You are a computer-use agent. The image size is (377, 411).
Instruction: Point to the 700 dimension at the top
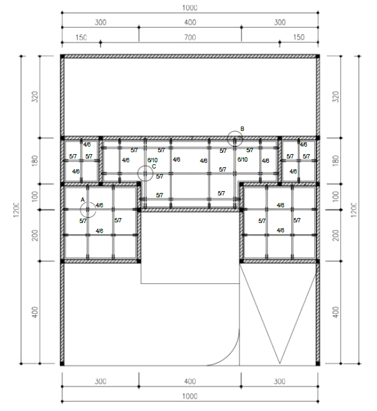(x=190, y=38)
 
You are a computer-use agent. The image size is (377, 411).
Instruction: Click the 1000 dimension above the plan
(x=189, y=8)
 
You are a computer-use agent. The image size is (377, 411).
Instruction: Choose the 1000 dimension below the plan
(x=189, y=396)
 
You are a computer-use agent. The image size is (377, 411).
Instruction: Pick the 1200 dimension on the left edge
(x=16, y=210)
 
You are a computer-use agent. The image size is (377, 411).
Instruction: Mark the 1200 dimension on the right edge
(x=353, y=210)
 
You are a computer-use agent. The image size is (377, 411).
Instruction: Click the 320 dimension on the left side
(x=35, y=96)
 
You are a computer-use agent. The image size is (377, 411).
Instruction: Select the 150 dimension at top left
(x=81, y=38)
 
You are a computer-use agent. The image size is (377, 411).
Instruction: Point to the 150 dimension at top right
(x=299, y=37)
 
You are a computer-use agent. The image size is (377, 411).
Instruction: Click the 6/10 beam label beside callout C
(x=153, y=160)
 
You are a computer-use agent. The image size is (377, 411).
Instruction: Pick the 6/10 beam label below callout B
(x=242, y=159)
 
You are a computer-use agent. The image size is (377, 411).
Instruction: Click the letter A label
(x=83, y=200)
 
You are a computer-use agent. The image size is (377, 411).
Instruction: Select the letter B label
(x=242, y=128)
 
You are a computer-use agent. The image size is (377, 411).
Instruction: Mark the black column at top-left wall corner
(x=63, y=56)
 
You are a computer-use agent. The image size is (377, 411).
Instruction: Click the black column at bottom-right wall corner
(x=318, y=363)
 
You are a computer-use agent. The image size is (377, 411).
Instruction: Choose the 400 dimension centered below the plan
(x=190, y=382)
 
